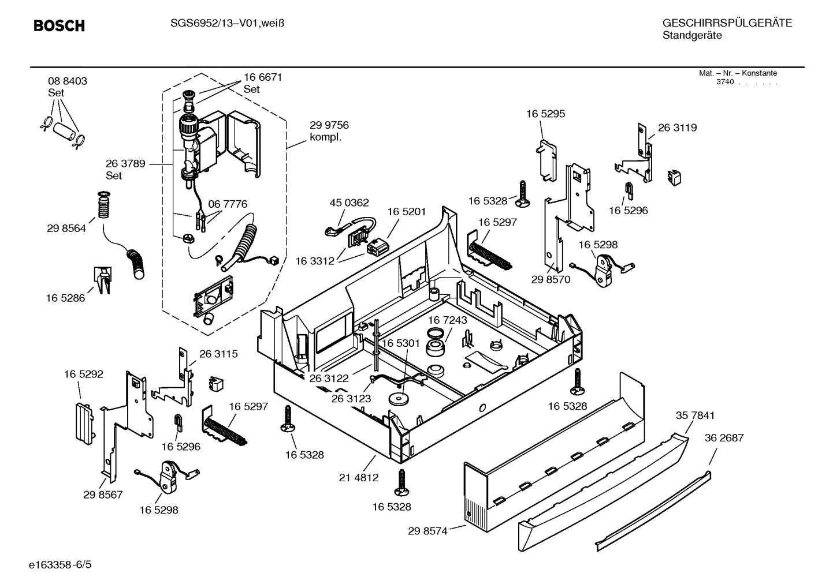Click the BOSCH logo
point(59,26)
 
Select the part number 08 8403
point(68,81)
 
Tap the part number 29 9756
point(329,125)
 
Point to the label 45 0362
point(349,203)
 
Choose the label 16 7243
point(448,320)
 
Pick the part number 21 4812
point(359,477)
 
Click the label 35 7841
point(695,415)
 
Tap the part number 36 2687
point(724,438)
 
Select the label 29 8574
point(427,531)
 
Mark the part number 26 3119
point(677,128)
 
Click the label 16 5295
point(545,114)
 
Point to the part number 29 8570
point(551,279)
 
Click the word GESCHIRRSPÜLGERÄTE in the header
point(727,23)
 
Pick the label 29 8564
point(66,229)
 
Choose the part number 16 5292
point(84,374)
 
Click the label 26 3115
point(218,354)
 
